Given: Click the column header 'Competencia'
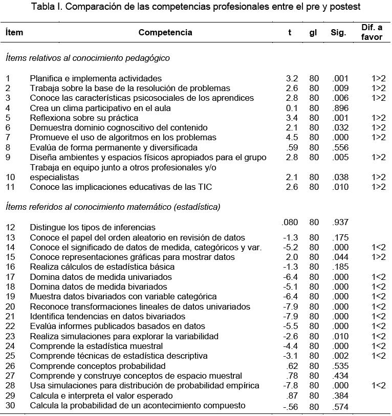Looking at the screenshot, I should point(165,32).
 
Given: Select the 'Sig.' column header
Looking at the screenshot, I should point(338,32).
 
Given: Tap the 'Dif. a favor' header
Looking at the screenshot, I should point(372,32).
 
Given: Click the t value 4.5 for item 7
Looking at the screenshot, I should point(291,137).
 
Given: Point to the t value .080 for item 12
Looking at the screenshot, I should point(290,222).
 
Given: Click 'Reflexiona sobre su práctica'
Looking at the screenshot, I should point(81,118).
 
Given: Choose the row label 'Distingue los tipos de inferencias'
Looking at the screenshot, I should point(93,227).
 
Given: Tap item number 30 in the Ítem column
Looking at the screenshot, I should point(10,405).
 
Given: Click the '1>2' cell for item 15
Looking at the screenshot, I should point(378,257).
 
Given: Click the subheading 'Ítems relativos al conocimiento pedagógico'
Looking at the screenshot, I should point(88,58).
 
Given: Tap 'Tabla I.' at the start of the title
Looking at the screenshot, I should point(47,7).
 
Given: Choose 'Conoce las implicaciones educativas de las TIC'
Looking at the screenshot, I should point(121,187).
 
